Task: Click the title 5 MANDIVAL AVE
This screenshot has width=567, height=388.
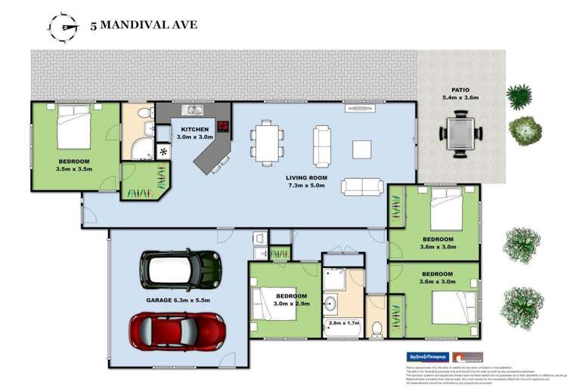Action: point(143,25)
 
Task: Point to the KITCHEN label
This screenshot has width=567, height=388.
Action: point(194,129)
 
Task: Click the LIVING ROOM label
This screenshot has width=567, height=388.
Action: point(307,178)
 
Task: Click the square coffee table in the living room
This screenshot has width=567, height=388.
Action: point(361,149)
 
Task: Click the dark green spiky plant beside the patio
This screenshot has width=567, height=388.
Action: point(519,96)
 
